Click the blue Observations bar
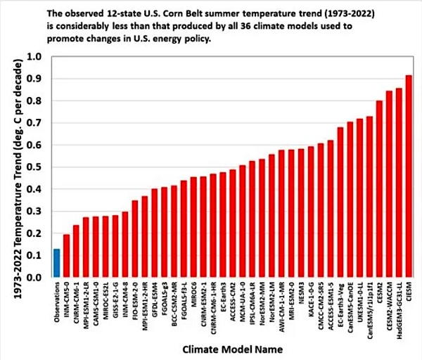click(x=56, y=263)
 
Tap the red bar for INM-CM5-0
click(x=66, y=256)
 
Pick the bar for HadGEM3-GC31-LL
click(x=399, y=183)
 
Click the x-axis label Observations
click(x=56, y=302)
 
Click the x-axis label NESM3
click(x=301, y=293)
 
